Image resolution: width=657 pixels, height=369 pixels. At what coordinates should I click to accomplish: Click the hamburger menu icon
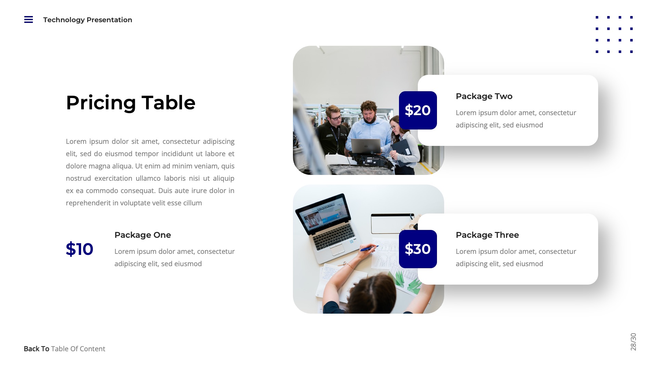pos(28,19)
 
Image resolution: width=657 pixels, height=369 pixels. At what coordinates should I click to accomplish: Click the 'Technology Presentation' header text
pos(88,20)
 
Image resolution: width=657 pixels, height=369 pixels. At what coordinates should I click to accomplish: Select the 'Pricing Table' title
pos(130,102)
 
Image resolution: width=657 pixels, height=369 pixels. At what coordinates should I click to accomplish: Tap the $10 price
pos(79,249)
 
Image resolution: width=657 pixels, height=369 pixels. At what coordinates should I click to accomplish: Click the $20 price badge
pos(417,110)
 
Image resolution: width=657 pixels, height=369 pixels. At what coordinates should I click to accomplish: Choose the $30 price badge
pos(417,249)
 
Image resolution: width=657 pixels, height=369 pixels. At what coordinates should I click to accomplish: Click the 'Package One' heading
pos(142,235)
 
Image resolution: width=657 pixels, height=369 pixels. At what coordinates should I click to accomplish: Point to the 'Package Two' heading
pos(484,96)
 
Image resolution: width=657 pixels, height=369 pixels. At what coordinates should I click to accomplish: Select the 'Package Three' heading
pos(487,235)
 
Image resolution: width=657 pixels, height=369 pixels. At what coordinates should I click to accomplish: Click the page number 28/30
pos(633,342)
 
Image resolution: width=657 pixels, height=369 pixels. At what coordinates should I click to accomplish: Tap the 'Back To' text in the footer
pos(36,349)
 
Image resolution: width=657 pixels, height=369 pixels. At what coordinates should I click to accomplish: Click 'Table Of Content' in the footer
pos(78,349)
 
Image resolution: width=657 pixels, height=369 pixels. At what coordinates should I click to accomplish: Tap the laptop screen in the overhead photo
pos(323,214)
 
